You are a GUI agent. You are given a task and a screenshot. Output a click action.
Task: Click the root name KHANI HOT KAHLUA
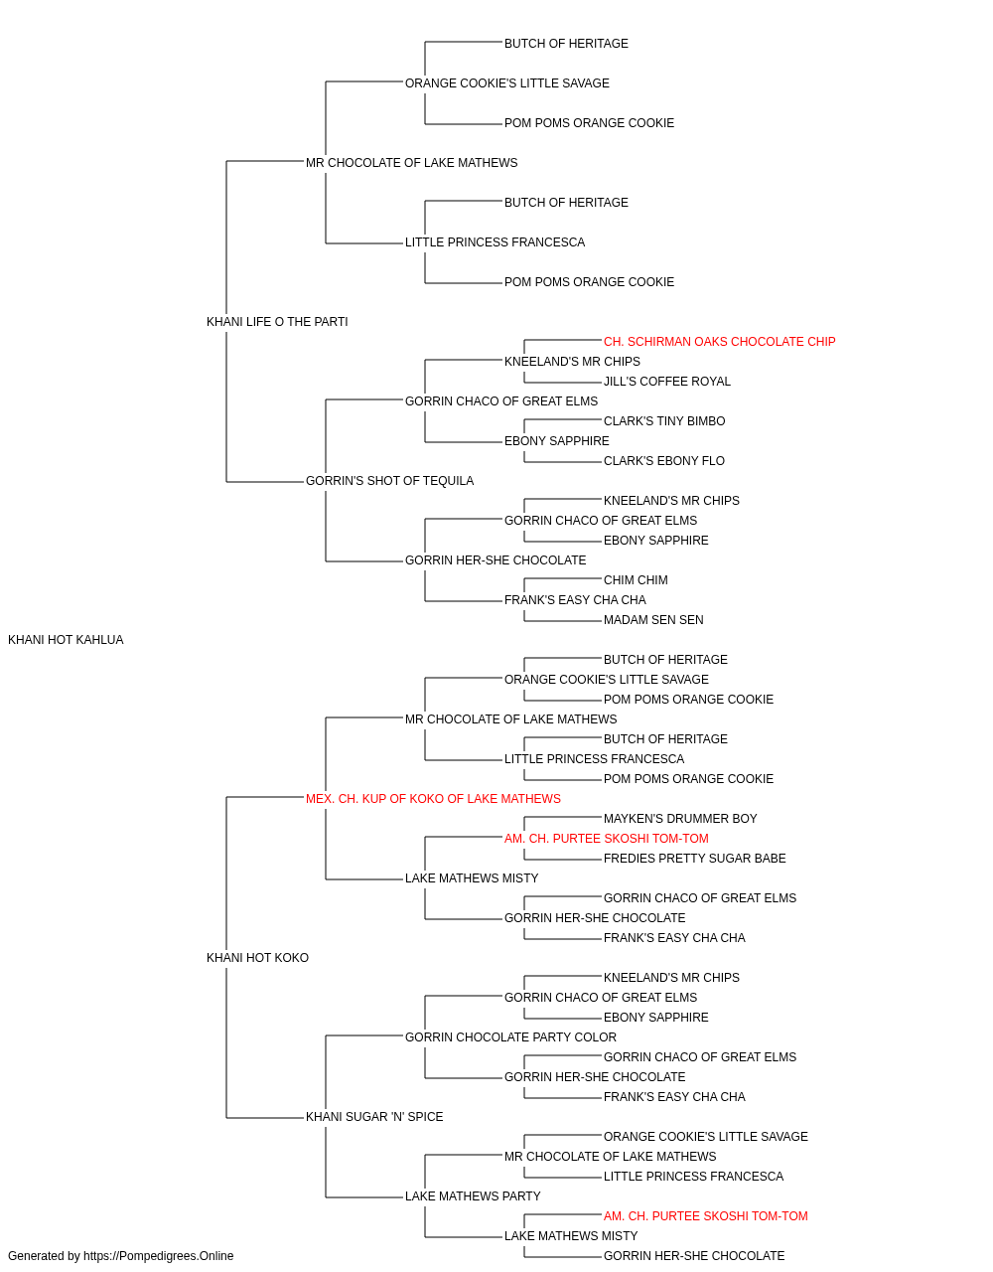click(66, 640)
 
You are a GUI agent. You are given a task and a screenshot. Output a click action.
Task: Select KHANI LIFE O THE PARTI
click(277, 322)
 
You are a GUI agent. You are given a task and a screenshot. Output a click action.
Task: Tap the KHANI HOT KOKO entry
click(257, 958)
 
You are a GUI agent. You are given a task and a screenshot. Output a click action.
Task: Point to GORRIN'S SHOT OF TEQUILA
click(389, 481)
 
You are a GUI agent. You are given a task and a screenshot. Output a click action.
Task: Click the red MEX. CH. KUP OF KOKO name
click(433, 799)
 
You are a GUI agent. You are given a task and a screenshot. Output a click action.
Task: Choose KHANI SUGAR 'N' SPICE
click(374, 1117)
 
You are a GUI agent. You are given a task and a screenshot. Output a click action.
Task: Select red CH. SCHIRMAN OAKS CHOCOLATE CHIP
click(719, 342)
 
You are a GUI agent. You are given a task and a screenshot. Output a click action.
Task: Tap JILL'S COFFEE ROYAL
click(667, 382)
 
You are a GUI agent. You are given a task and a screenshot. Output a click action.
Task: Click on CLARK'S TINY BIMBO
click(664, 421)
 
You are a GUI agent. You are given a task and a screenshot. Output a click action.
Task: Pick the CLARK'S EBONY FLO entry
click(664, 461)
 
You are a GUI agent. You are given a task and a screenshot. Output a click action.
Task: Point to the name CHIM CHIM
click(636, 580)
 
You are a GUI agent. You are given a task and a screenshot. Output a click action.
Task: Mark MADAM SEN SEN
click(653, 620)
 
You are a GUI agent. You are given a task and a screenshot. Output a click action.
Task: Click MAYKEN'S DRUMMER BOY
click(680, 819)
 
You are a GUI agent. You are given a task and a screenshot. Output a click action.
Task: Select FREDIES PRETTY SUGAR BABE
click(695, 859)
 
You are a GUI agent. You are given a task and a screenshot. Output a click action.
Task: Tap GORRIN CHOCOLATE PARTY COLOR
click(511, 1037)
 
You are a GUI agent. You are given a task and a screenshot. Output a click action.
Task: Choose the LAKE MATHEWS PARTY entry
click(473, 1196)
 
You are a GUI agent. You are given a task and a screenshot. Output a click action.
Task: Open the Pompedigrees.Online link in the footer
click(159, 1256)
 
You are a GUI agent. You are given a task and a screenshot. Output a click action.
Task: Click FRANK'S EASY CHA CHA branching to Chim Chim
click(576, 600)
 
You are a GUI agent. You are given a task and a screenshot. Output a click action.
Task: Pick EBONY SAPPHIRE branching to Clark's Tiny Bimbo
click(557, 441)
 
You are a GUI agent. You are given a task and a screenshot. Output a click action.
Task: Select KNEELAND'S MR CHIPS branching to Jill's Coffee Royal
click(573, 362)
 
